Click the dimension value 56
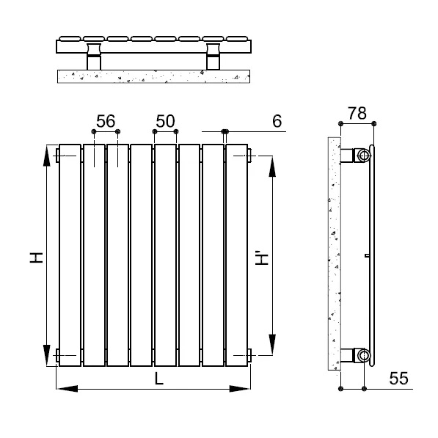click(x=106, y=121)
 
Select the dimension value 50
click(x=165, y=121)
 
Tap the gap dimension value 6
click(x=277, y=121)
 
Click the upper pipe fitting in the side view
click(x=362, y=155)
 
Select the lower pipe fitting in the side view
click(x=362, y=357)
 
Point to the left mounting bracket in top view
click(x=94, y=57)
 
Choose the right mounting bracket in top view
click(x=213, y=57)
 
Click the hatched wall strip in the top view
click(x=154, y=76)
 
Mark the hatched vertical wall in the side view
click(x=333, y=257)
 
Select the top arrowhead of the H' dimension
click(x=274, y=165)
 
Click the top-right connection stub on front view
click(x=252, y=155)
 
